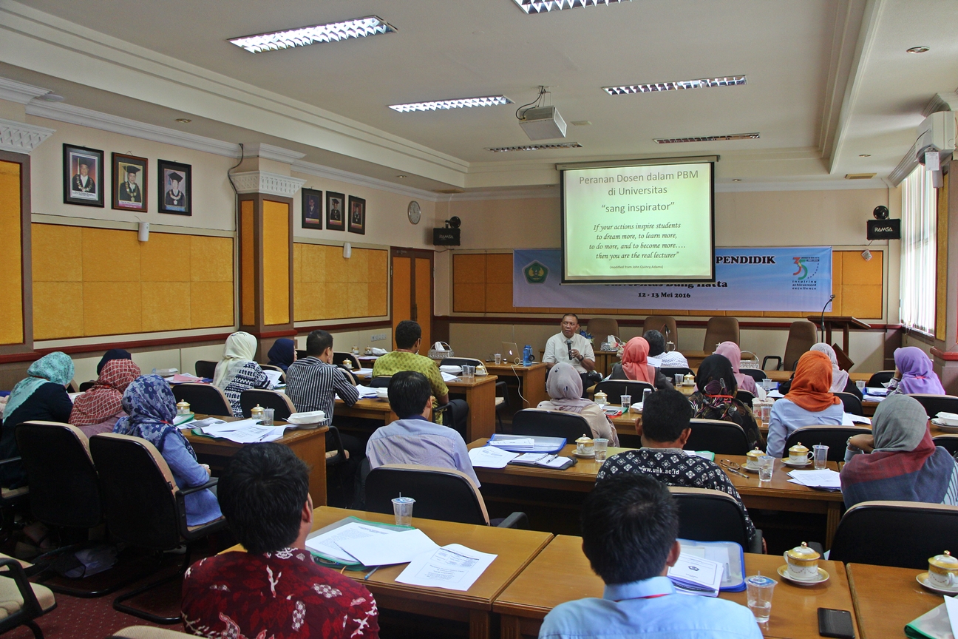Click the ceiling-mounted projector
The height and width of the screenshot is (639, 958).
(x=542, y=122)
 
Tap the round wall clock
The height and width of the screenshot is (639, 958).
(x=414, y=212)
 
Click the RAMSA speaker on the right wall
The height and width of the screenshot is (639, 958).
(x=883, y=229)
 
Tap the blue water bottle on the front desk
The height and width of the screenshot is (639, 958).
(x=527, y=355)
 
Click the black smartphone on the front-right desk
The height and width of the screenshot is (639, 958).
(x=835, y=622)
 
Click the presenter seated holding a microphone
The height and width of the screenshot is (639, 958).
(x=569, y=347)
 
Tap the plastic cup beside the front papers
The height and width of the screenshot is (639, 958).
(x=403, y=510)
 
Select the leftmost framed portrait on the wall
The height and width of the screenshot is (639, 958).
(x=83, y=175)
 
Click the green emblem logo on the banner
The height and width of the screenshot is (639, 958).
(x=536, y=272)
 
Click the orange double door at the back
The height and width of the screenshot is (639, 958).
(x=412, y=291)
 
